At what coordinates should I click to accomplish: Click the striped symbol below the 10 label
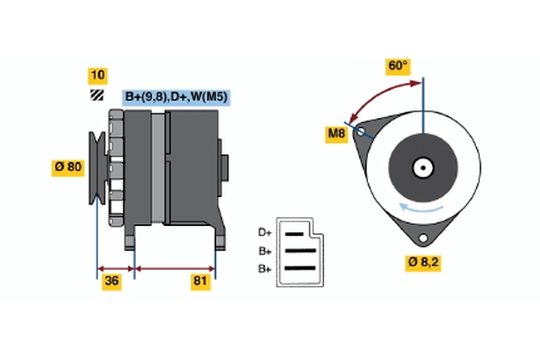(x=96, y=95)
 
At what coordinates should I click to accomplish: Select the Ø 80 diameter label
(x=69, y=166)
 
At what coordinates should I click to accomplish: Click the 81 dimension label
(x=201, y=283)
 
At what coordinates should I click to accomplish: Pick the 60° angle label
(x=397, y=67)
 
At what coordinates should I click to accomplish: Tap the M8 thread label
(x=337, y=135)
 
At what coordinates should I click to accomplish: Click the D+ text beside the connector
(x=265, y=231)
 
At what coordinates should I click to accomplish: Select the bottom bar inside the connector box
(x=301, y=267)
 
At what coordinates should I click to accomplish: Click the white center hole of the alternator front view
(x=422, y=166)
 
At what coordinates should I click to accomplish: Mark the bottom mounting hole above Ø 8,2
(x=420, y=237)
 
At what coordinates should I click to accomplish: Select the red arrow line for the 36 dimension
(x=115, y=268)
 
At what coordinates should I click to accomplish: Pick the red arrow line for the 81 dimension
(x=175, y=268)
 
